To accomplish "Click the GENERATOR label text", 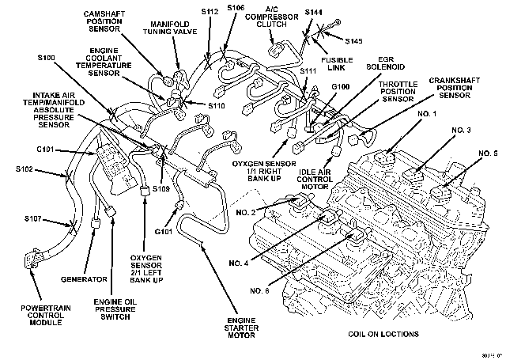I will pyautogui.click(x=84, y=279).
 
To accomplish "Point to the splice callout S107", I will pyautogui.click(x=33, y=218).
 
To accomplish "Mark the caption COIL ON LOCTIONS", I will pyautogui.click(x=383, y=334).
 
